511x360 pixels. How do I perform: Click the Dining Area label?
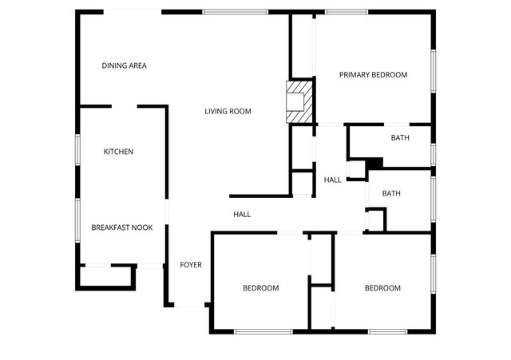[124, 65]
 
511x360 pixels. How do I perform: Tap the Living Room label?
[228, 111]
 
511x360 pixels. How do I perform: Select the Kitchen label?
[118, 152]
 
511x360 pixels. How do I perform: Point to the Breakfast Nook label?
[121, 227]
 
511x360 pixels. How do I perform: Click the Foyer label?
[190, 265]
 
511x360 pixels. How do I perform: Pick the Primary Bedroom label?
[373, 75]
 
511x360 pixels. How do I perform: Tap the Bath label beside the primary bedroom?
[400, 138]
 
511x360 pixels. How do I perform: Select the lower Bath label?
[391, 193]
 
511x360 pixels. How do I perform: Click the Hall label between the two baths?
[333, 180]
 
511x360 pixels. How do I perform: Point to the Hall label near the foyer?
[242, 214]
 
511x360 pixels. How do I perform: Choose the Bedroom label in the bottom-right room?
[382, 288]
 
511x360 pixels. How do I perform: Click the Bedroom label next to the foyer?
[261, 288]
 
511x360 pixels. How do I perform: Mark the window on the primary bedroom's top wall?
[347, 12]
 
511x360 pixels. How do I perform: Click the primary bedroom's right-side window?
[434, 72]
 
